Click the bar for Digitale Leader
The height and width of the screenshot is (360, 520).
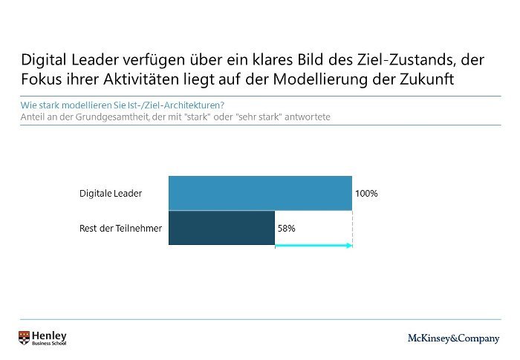coord(260,193)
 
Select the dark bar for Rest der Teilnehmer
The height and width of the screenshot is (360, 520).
coord(221,228)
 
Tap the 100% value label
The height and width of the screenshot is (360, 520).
coord(366,194)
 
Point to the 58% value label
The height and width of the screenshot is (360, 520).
coord(286,229)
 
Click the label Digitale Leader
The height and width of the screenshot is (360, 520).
coord(111,194)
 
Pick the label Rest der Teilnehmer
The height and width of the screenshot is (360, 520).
coord(120,229)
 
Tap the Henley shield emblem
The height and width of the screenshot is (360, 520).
coord(25,337)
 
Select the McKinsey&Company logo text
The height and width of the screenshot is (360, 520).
coord(453,338)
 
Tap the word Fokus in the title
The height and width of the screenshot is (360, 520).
coord(41,78)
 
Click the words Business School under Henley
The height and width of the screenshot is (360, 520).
coord(51,344)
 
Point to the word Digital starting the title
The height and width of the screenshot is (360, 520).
coord(44,59)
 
